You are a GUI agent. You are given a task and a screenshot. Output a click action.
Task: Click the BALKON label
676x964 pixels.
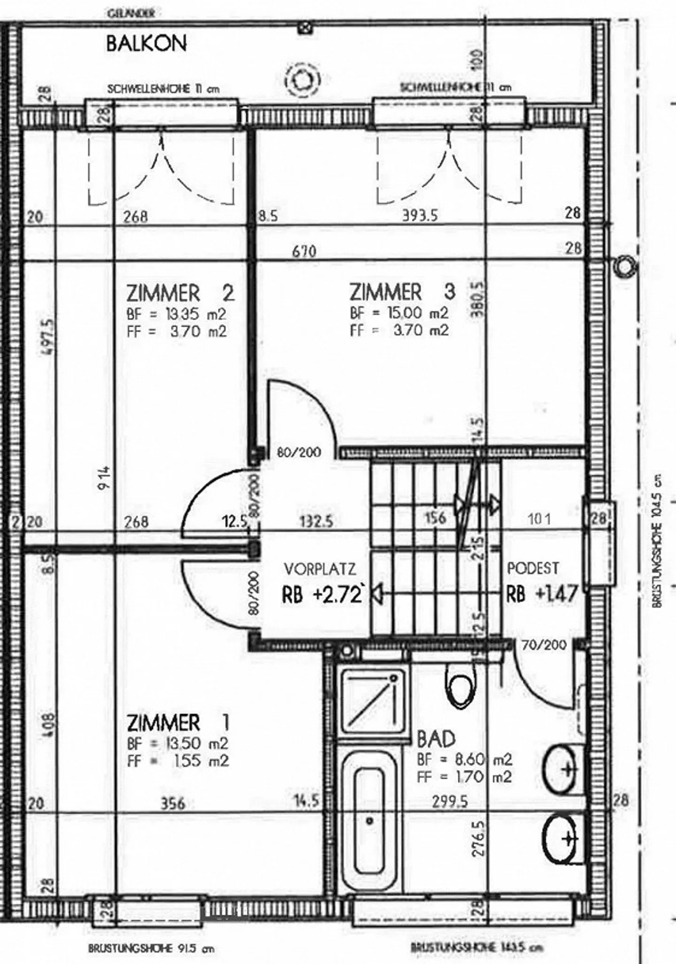tap(146, 44)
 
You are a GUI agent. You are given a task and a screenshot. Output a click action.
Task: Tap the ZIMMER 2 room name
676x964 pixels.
tap(180, 293)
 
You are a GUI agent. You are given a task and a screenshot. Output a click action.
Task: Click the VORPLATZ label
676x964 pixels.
tap(320, 569)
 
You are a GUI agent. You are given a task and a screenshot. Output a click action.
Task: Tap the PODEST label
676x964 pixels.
tap(533, 569)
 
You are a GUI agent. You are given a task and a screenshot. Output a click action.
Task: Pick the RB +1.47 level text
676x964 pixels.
tap(541, 594)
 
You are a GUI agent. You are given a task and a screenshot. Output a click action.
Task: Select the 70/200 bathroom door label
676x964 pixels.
tap(544, 645)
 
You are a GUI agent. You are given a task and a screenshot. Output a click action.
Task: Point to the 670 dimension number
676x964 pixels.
tap(304, 251)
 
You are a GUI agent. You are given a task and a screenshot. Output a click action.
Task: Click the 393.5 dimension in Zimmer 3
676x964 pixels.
tap(420, 216)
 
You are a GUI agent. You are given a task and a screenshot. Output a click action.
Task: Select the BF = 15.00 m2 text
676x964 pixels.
tap(399, 313)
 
